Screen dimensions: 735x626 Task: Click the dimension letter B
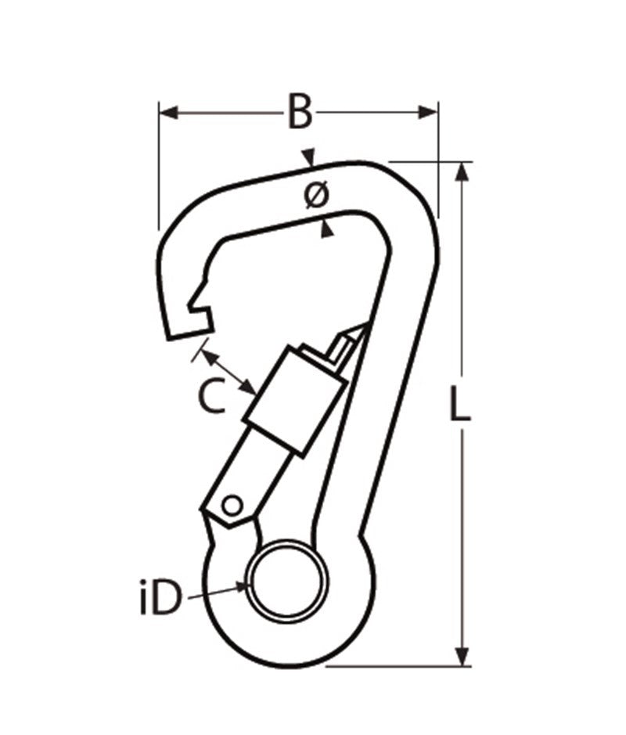pos(298,112)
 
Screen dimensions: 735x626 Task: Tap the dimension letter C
pos(210,397)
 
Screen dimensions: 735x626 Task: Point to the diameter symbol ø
pos(315,196)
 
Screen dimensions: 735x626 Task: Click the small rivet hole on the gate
pos(231,505)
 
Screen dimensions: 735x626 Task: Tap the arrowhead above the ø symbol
pos(311,157)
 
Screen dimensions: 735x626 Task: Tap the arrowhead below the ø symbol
pos(327,228)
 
